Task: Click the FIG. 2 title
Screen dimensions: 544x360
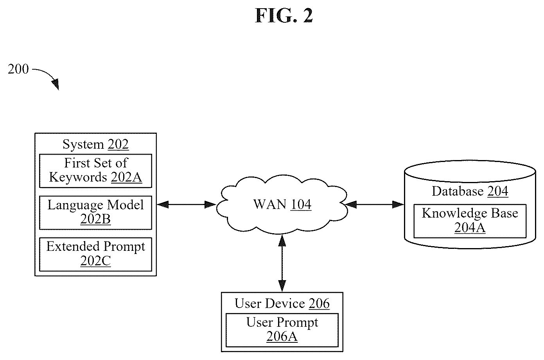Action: coord(284,16)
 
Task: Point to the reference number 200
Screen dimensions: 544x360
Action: coord(18,69)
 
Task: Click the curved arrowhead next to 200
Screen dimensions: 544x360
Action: coord(56,84)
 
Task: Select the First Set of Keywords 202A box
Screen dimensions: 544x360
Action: coord(96,171)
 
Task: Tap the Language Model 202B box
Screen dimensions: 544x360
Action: coord(96,213)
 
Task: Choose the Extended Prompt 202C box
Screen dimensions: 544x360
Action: coord(96,255)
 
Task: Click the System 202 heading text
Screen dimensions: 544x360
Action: coord(96,144)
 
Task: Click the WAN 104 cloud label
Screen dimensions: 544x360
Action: coord(282,204)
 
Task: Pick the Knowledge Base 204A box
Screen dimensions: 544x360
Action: coord(470,221)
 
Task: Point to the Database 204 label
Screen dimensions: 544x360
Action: coord(470,191)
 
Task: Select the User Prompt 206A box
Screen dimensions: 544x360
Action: coord(282,330)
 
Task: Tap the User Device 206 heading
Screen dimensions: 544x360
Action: coord(282,303)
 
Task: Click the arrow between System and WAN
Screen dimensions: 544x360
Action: coord(187,205)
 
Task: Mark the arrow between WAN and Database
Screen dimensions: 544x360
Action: coord(375,205)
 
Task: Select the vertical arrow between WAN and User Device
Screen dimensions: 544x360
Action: coord(282,263)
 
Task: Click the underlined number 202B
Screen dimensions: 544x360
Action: coord(95,219)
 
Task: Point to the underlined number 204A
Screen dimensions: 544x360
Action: coord(470,228)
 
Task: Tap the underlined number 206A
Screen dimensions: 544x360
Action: coord(282,337)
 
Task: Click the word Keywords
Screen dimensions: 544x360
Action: coord(78,177)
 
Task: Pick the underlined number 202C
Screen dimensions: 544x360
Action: coord(95,261)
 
